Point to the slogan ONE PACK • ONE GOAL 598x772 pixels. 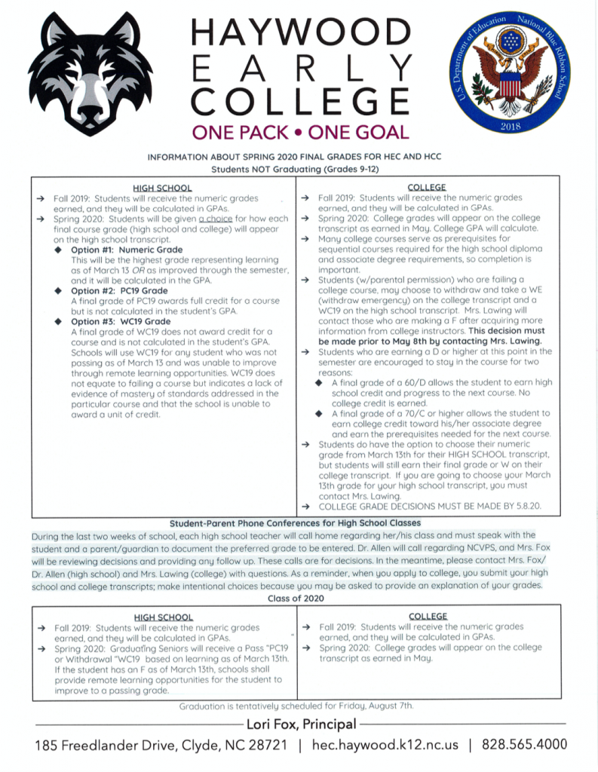[x=299, y=133]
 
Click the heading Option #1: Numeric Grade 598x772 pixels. [x=126, y=250]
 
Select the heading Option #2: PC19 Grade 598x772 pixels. [x=119, y=290]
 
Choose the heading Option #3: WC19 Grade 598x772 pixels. [x=120, y=321]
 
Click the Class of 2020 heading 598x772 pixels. [x=299, y=598]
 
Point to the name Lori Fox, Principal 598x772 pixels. [x=299, y=725]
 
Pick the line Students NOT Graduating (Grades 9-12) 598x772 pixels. [x=299, y=170]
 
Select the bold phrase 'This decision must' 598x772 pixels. [x=508, y=330]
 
